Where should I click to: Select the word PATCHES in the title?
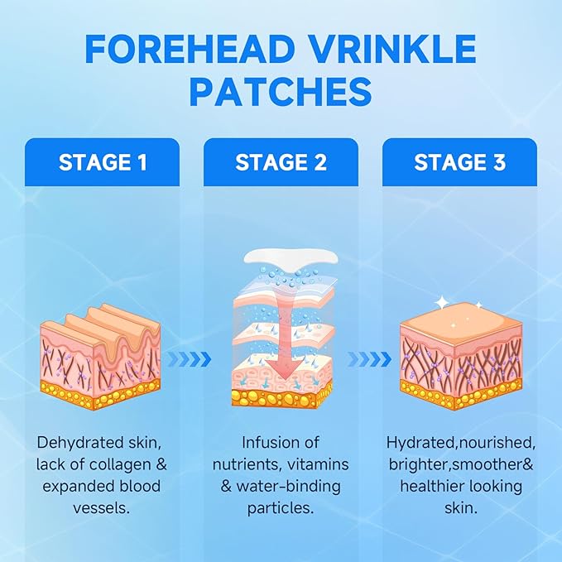[x=281, y=91]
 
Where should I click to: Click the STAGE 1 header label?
[x=103, y=162]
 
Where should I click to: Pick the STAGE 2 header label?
[x=281, y=162]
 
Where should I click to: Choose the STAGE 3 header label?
[x=459, y=162]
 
